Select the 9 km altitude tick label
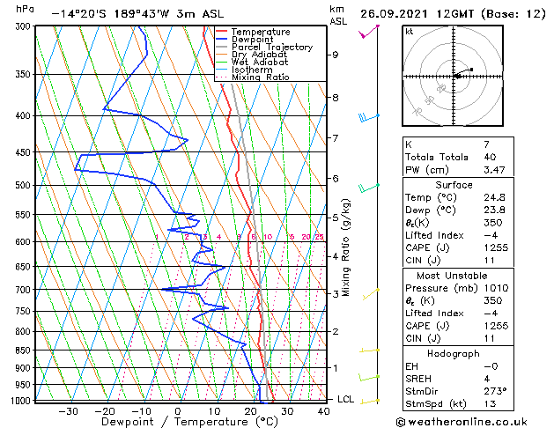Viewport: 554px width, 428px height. [x=335, y=55]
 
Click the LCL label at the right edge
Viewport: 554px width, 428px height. [x=346, y=399]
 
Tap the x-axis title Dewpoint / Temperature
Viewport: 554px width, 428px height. [x=176, y=422]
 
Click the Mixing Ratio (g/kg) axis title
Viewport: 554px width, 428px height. [x=347, y=247]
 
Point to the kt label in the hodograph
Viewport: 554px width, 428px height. [x=410, y=31]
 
